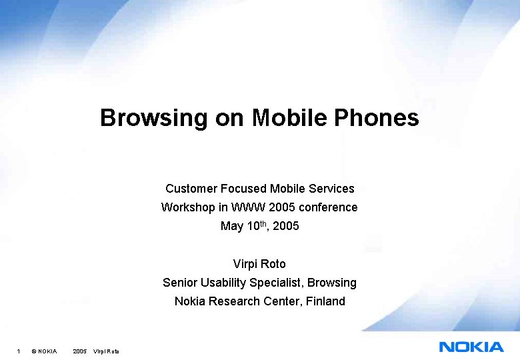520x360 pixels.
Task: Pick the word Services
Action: (x=331, y=189)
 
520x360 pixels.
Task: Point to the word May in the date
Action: (x=231, y=226)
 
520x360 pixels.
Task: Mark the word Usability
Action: (x=224, y=283)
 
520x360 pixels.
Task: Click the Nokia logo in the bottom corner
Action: (x=471, y=346)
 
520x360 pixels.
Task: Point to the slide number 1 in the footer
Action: (x=19, y=351)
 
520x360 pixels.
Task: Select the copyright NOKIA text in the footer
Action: (x=44, y=351)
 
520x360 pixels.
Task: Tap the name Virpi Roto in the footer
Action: (x=106, y=351)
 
